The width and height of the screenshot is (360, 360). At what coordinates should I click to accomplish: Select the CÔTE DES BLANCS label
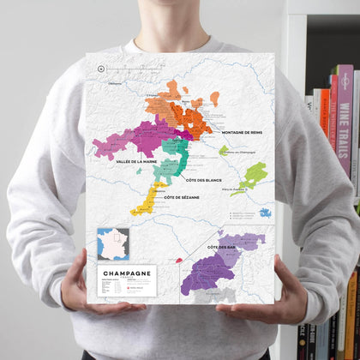coord(202,181)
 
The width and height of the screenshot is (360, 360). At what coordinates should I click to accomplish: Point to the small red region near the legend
coord(179,258)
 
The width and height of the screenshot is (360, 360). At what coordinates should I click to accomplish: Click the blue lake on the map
coord(265,212)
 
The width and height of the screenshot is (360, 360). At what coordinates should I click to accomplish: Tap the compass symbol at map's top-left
coord(101,68)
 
